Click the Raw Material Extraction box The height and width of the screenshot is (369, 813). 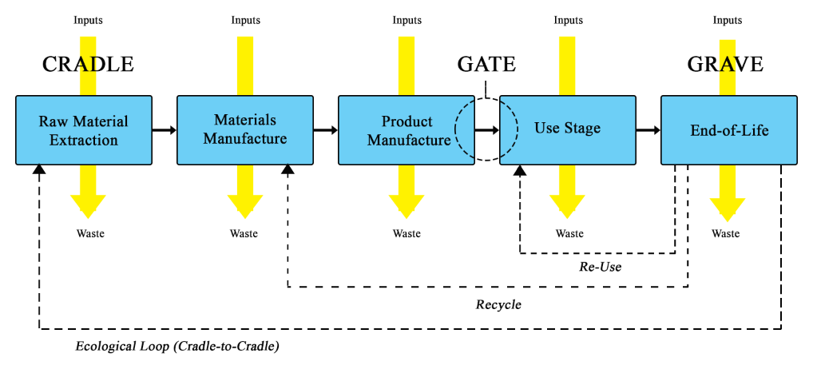[x=84, y=130]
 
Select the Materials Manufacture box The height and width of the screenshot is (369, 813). [x=244, y=130]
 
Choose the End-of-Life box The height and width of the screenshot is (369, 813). [x=728, y=130]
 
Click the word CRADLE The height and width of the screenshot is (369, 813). [x=88, y=65]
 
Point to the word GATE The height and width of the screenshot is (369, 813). [x=486, y=65]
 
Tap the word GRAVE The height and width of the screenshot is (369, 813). [x=725, y=65]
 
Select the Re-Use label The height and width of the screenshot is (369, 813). [x=600, y=267]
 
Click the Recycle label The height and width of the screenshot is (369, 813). [x=498, y=304]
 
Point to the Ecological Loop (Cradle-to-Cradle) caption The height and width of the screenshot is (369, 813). [x=177, y=347]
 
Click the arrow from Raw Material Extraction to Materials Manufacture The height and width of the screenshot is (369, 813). [x=165, y=129]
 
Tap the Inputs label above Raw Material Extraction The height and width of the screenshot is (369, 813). [x=88, y=20]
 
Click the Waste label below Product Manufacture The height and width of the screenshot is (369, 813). [x=406, y=234]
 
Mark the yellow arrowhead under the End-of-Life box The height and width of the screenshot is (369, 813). [x=727, y=209]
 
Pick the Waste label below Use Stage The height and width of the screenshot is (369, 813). [x=569, y=234]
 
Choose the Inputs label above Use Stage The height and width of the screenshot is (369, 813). [x=569, y=20]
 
